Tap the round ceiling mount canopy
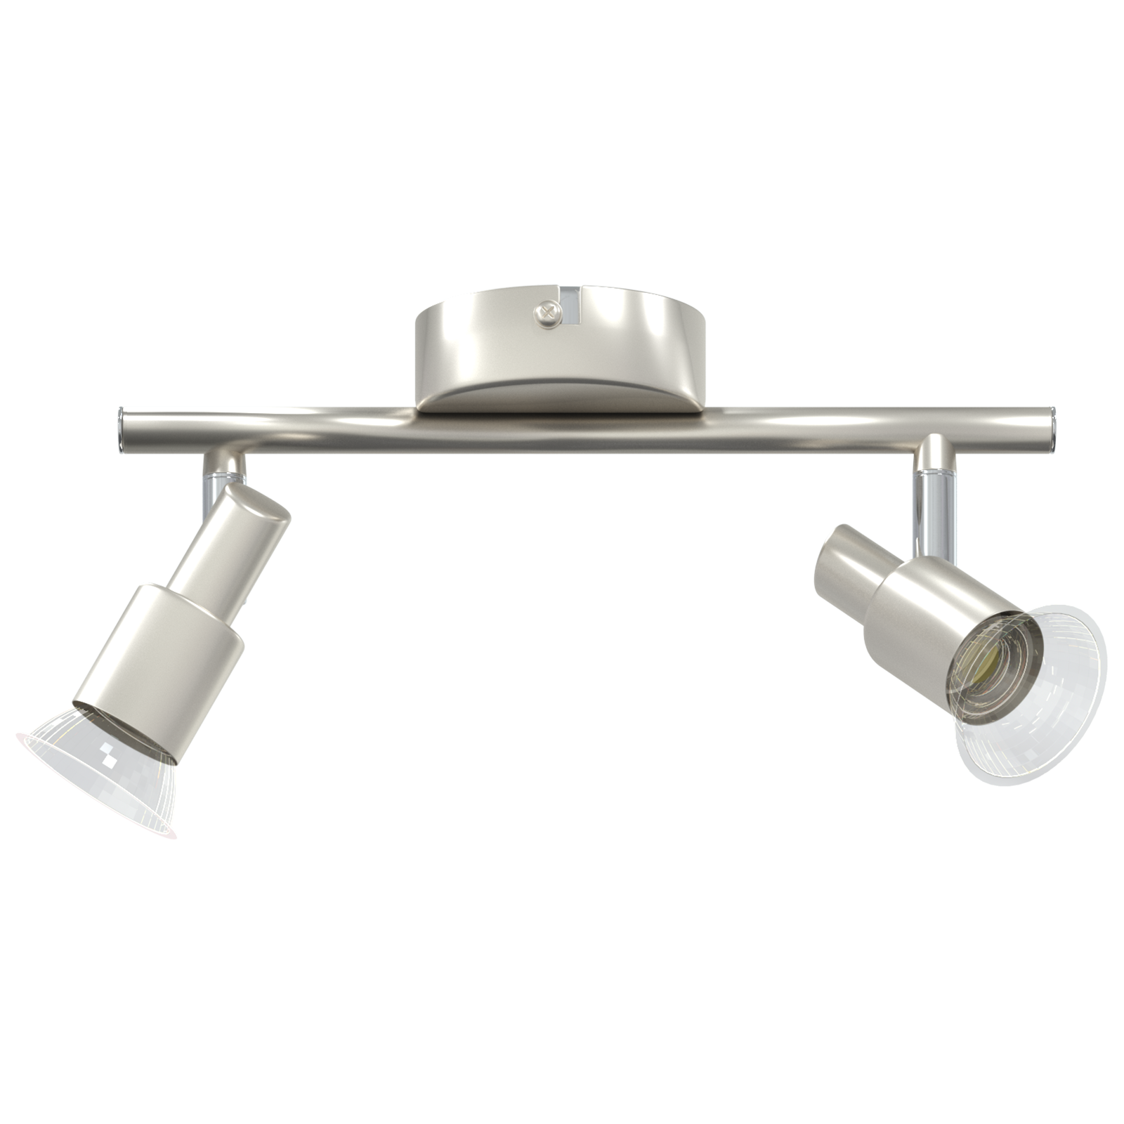coord(492,330)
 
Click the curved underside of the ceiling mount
coord(558,393)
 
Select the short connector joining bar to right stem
coord(934,457)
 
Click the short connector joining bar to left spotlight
coord(223,464)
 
